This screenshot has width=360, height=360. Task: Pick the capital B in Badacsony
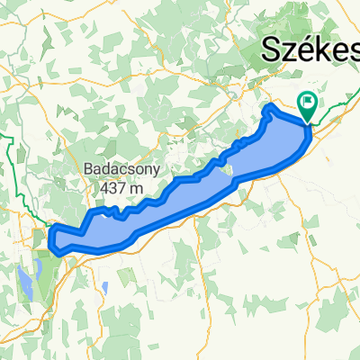pos(86,168)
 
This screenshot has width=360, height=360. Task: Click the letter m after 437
pos(139,188)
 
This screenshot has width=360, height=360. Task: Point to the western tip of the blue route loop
pos(50,237)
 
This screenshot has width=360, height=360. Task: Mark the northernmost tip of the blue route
pos(269,107)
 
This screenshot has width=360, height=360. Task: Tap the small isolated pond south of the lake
pos(105,287)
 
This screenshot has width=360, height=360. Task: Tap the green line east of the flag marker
pos(337,106)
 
